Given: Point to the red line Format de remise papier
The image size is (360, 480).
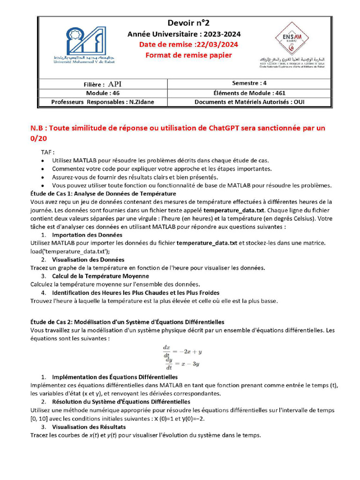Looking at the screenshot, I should pos(188,55).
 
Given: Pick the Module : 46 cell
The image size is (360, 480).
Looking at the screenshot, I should pos(103,93).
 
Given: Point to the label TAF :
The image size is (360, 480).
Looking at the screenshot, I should pos(47,152).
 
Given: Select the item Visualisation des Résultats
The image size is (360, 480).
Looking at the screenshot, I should pos(89,427).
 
